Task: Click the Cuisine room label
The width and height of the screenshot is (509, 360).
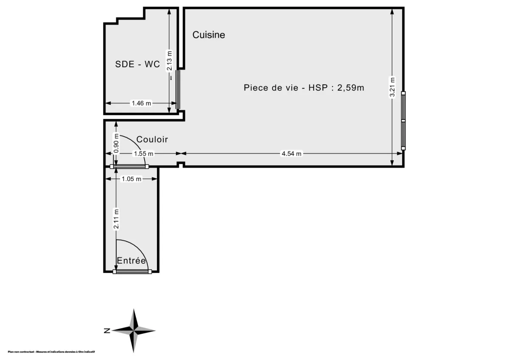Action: [209, 35]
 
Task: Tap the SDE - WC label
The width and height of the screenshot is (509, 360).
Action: [137, 64]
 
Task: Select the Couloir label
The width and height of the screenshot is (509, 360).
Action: [152, 140]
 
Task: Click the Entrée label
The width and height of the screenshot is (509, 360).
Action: [131, 261]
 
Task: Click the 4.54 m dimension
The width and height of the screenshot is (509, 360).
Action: [291, 154]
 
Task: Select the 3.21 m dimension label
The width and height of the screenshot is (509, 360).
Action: [393, 87]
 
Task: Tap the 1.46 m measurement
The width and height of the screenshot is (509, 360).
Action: [141, 103]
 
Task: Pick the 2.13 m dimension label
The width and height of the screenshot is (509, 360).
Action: [170, 61]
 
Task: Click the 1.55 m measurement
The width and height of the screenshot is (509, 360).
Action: [143, 154]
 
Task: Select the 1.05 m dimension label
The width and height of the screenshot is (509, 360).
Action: [131, 179]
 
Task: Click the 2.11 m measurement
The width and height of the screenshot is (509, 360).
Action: [115, 219]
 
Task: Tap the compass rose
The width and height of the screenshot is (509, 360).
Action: [134, 330]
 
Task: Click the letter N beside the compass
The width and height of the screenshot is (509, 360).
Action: [107, 330]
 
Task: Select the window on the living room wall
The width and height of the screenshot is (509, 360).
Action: [403, 121]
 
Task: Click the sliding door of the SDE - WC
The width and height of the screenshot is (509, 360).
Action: [178, 89]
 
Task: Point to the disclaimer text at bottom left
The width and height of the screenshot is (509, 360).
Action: [51, 352]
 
